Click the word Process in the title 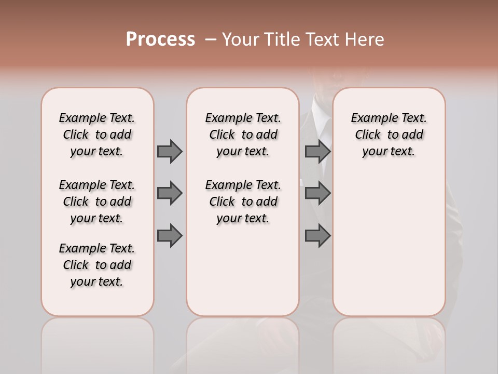160,39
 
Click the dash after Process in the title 210,40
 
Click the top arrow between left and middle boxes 170,151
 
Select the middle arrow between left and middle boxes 170,193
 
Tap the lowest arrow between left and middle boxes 170,236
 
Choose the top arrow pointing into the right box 317,151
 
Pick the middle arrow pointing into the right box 317,193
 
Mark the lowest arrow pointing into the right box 317,236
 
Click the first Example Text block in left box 97,135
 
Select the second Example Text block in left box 97,202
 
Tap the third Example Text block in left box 97,265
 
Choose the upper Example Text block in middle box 243,135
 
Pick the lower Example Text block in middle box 243,202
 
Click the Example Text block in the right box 389,135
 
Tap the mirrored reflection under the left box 98,343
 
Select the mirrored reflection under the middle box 243,343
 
